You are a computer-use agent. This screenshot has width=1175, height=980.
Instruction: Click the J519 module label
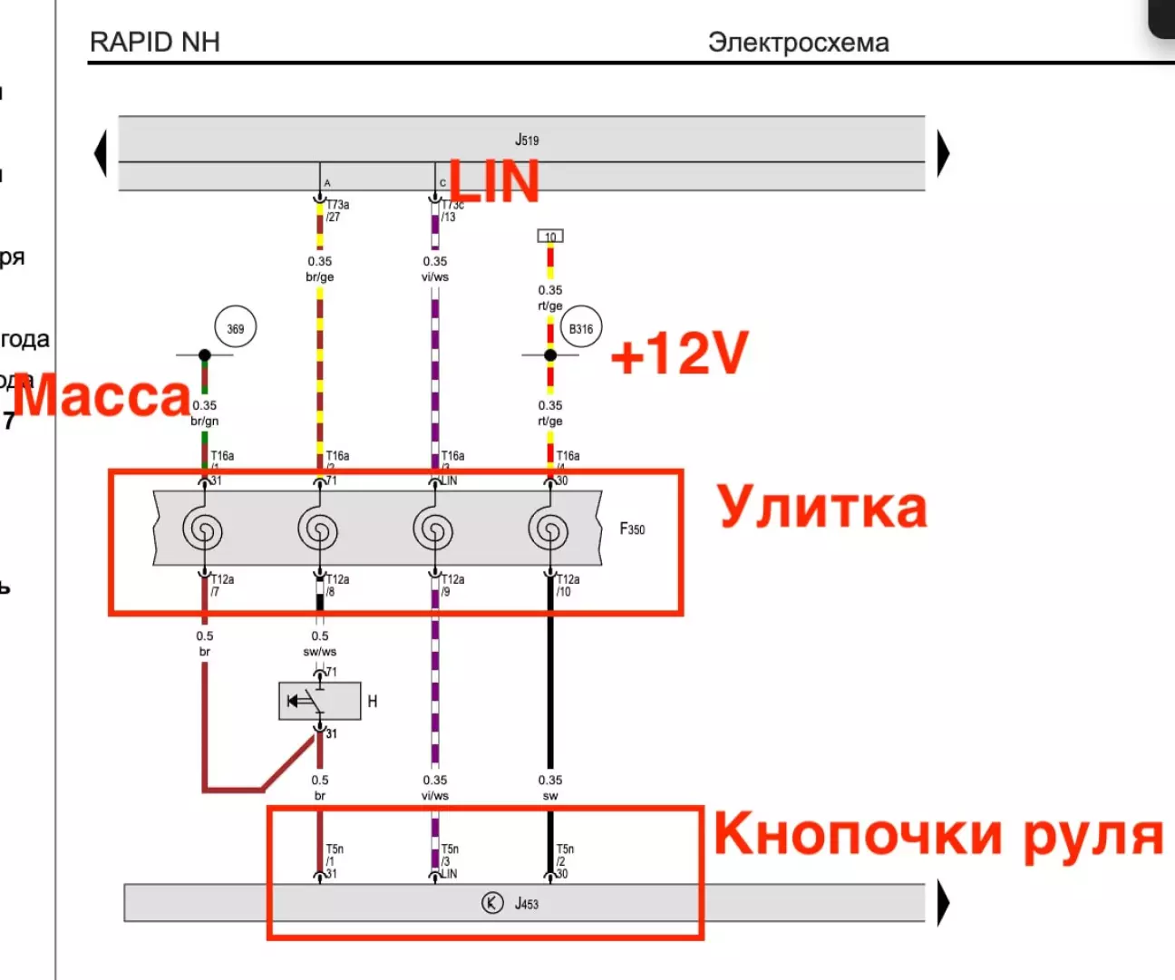(x=527, y=140)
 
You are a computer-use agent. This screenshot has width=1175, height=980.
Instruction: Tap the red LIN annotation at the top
(x=494, y=181)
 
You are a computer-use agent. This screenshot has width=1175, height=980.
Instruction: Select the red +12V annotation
(x=680, y=353)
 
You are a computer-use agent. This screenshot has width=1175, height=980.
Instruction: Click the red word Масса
(x=102, y=396)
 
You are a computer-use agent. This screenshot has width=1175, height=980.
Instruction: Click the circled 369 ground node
(x=236, y=328)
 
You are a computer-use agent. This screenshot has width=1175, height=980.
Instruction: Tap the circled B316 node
(x=581, y=328)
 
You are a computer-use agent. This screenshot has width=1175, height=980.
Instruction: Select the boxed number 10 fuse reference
(x=550, y=237)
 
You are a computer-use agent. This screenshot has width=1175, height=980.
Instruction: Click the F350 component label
(x=633, y=529)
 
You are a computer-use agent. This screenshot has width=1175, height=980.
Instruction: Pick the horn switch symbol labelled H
(x=319, y=702)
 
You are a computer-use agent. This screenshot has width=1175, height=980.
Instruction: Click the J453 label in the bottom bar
(x=527, y=904)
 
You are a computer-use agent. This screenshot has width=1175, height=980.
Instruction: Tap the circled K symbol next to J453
(x=492, y=903)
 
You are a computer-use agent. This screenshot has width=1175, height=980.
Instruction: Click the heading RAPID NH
(x=155, y=43)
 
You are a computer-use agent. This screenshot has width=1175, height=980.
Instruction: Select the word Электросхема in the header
(x=798, y=43)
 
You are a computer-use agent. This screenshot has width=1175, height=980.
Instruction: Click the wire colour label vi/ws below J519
(x=435, y=277)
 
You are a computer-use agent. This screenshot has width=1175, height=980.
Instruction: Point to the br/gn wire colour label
(x=205, y=421)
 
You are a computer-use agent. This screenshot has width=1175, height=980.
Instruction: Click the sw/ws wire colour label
(x=320, y=651)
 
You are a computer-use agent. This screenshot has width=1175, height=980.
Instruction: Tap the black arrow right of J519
(x=943, y=152)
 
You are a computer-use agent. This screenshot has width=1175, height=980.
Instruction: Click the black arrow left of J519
(x=101, y=152)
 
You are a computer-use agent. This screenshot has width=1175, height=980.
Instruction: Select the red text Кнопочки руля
(x=938, y=834)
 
